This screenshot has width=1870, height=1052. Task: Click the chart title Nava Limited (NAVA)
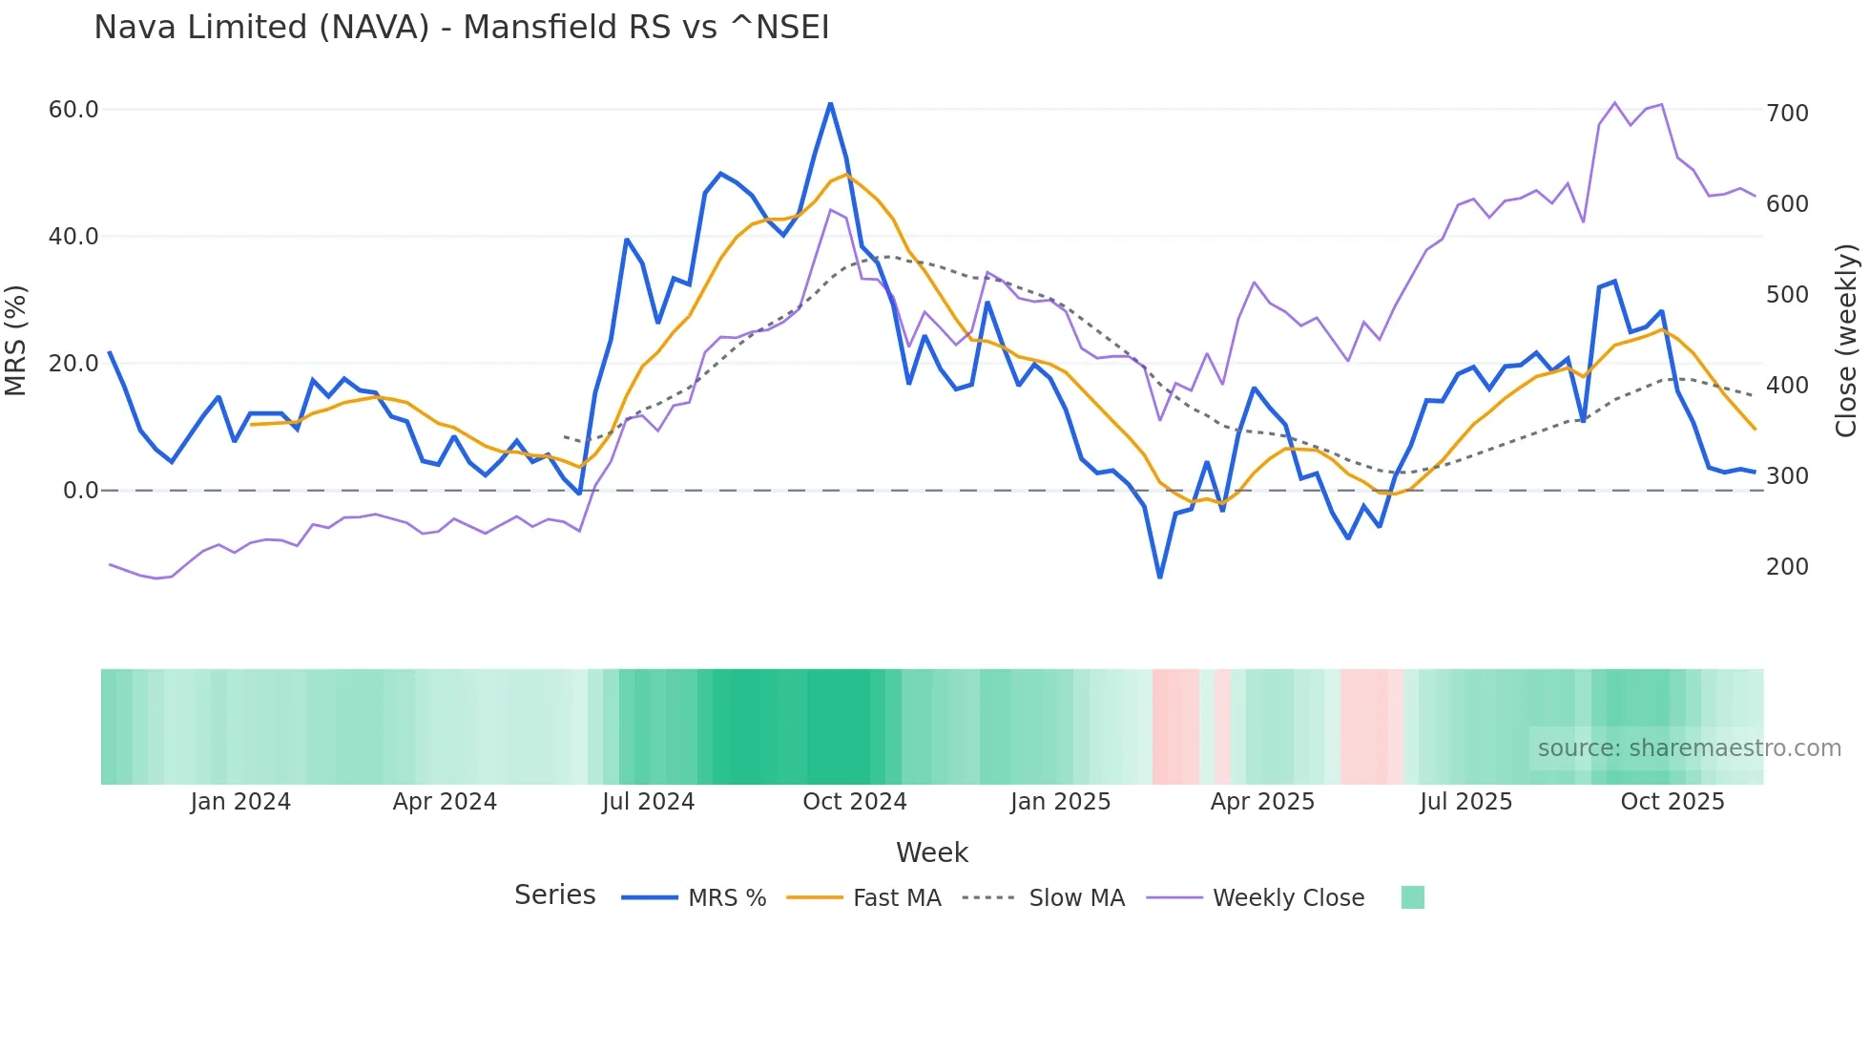coord(462,28)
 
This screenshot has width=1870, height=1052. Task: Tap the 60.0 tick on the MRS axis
coord(73,110)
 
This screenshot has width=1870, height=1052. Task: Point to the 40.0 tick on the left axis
coord(73,237)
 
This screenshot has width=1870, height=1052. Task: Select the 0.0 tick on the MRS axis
coord(80,491)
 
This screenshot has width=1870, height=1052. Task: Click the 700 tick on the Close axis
coord(1787,114)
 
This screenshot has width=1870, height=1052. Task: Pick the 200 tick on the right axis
coord(1787,567)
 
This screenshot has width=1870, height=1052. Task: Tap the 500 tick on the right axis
coord(1787,295)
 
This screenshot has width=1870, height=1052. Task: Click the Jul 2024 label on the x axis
coord(648,802)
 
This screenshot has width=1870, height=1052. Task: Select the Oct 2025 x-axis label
coord(1672,802)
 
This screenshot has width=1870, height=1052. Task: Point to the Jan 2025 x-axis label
coord(1060,802)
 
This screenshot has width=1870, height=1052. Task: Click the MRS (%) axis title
coord(16,341)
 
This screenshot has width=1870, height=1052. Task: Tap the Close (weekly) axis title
coord(1846,341)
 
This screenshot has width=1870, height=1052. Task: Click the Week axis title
coord(931,852)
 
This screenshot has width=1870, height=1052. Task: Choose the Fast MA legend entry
coord(896,898)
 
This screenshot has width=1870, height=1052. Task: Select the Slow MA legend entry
coord(1076,898)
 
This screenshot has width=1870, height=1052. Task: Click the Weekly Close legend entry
coord(1288,898)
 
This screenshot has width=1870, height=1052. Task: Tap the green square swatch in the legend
coord(1412,897)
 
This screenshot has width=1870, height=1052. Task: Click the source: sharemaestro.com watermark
coord(1689,748)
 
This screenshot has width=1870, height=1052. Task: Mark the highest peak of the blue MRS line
coord(830,103)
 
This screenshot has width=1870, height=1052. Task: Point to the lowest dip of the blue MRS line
coord(1159,578)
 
